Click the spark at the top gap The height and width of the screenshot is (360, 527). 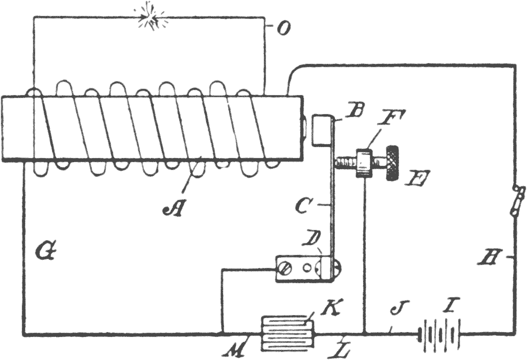coord(151,17)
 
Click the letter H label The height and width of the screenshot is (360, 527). coord(495,261)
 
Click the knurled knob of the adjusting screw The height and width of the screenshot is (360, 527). coord(395,163)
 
